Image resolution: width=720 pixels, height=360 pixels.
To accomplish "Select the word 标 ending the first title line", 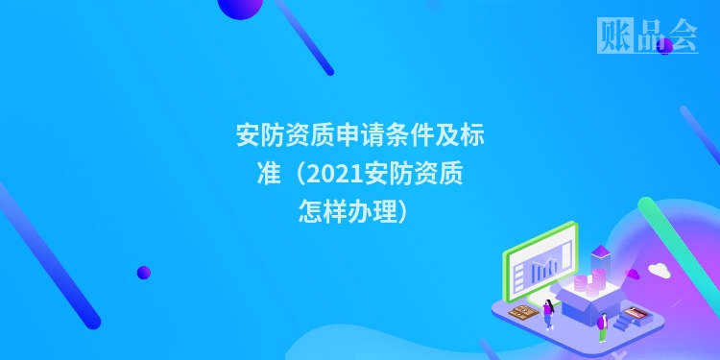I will click(x=472, y=134).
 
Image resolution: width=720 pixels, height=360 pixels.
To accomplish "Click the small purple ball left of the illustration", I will click(x=144, y=272).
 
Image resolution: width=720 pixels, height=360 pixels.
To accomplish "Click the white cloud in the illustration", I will click(x=659, y=269).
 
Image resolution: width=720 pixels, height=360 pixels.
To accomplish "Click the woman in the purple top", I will click(x=549, y=311).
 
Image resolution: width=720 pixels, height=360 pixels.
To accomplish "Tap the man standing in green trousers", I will click(x=602, y=324).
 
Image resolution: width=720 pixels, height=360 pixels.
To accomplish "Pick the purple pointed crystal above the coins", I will click(x=601, y=252).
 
